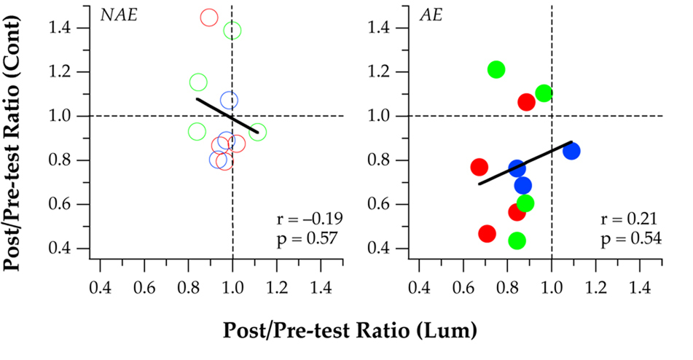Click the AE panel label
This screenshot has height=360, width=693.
(x=426, y=14)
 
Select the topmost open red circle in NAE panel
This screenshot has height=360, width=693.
(x=209, y=17)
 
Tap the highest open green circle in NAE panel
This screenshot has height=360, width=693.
(x=232, y=31)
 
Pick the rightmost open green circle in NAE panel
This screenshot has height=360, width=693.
(x=257, y=133)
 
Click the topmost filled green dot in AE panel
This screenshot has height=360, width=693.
(x=496, y=70)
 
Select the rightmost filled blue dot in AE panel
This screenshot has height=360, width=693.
(x=571, y=151)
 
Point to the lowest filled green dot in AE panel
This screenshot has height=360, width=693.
(x=517, y=241)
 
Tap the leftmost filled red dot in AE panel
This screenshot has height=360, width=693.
(x=479, y=167)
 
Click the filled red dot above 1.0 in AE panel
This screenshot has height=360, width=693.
(x=526, y=102)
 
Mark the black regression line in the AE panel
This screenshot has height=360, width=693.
(x=525, y=163)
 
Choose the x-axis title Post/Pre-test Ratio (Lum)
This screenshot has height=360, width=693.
(x=351, y=330)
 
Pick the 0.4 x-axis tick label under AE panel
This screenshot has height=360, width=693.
(x=418, y=289)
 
